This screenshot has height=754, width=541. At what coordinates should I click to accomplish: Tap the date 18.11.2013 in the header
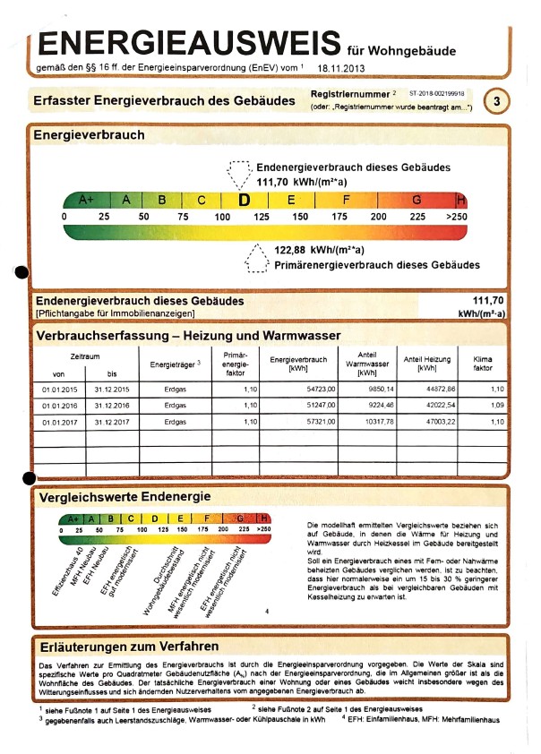340,67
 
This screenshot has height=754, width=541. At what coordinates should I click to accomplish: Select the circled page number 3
496,101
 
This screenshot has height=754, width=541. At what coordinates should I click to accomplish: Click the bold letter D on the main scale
244,200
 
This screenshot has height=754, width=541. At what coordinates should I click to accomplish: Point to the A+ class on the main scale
87,200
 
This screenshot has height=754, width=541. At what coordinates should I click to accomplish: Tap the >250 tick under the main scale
456,217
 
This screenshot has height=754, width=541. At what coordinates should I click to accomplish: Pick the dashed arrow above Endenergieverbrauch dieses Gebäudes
240,172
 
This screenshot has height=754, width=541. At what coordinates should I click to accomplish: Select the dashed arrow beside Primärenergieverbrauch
257,259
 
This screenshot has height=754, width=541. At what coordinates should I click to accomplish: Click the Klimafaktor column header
483,363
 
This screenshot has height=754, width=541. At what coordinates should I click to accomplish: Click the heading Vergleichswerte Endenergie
125,496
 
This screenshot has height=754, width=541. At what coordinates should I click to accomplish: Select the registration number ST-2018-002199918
438,92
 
